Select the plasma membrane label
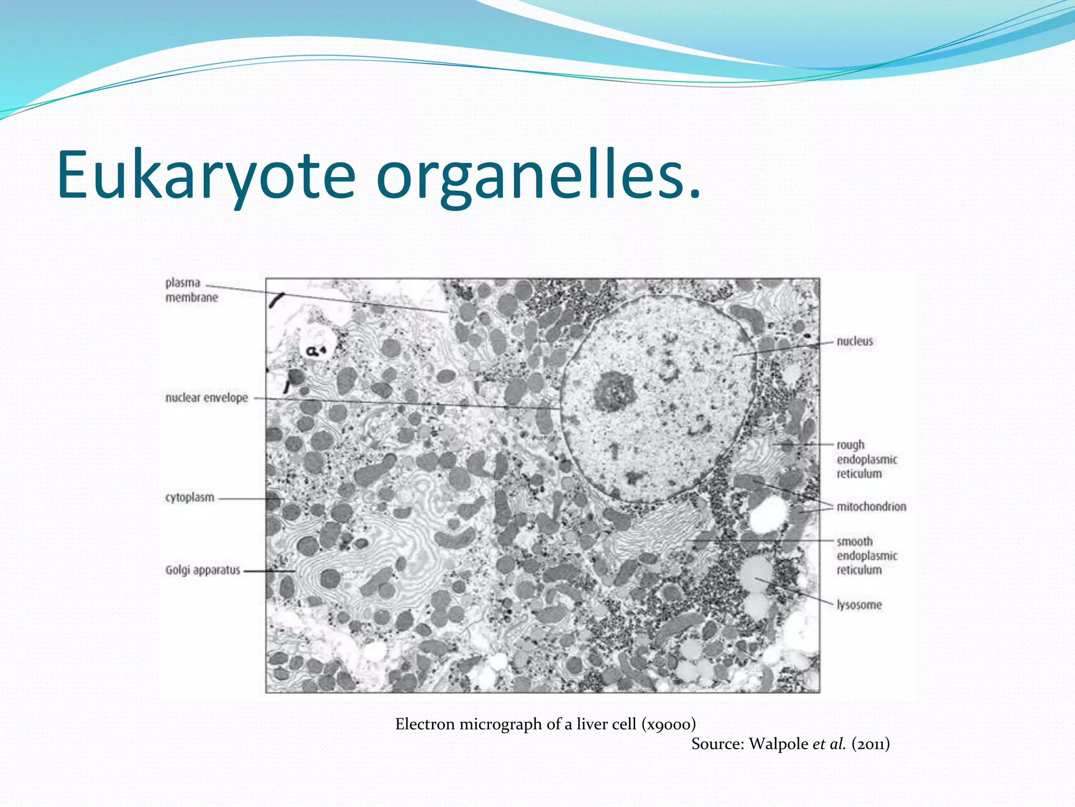pos(192,290)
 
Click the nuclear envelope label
pos(206,398)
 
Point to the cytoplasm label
pos(189,497)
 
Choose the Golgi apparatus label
pos(203,570)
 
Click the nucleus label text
pos(855,341)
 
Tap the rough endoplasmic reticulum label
pos(867,459)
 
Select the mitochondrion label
pos(871,506)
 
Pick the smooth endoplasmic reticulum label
pos(867,555)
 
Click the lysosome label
pos(859,605)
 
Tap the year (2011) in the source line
pos(871,744)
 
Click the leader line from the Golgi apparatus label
pos(269,571)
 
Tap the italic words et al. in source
pos(829,744)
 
